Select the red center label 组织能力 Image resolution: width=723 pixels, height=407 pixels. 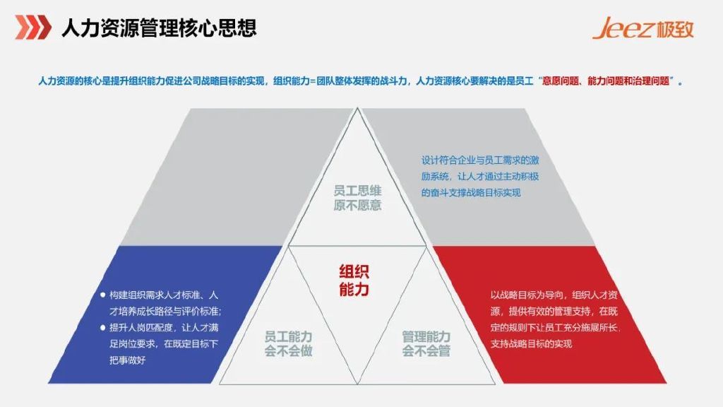tap(354, 281)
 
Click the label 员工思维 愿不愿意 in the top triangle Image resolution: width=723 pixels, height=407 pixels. tap(357, 197)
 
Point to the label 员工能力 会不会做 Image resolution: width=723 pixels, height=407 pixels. tap(288, 343)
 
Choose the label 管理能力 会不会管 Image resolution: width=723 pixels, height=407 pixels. tap(426, 343)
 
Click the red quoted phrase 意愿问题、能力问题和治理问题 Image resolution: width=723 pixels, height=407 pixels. tap(608, 81)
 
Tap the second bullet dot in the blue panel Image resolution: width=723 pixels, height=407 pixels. tap(103, 327)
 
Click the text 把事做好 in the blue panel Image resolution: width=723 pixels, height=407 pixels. tap(132, 360)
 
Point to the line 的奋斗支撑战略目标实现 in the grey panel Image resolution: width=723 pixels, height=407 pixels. tap(470, 192)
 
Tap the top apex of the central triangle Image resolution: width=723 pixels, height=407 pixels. tap(358, 110)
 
